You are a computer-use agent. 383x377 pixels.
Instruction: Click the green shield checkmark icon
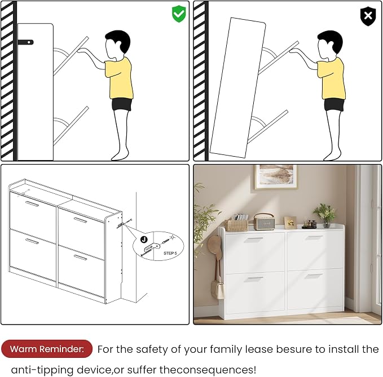pos(179,14)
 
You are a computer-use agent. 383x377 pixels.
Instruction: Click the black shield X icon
pos(368,16)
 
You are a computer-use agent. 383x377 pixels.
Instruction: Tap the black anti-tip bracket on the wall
pos(25,42)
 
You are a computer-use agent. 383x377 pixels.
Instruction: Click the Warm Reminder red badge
pos(47,349)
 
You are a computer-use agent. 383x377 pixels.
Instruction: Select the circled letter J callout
pos(144,239)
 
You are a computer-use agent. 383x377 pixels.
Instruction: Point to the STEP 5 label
pos(170,253)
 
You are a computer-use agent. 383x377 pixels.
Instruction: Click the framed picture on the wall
pos(276,176)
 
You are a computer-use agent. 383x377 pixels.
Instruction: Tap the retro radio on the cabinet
pos(264,221)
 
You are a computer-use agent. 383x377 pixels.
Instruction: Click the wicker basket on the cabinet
pos(236,225)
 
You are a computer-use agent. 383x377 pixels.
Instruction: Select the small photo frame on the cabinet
pos(290,223)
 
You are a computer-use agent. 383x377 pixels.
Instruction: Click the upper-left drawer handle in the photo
pos(253,239)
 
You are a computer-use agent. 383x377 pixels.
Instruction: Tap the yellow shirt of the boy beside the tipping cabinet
pos(331,78)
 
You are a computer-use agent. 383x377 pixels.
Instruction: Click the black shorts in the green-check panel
pos(122,104)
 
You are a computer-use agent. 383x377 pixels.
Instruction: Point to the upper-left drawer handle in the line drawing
pos(32,204)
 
